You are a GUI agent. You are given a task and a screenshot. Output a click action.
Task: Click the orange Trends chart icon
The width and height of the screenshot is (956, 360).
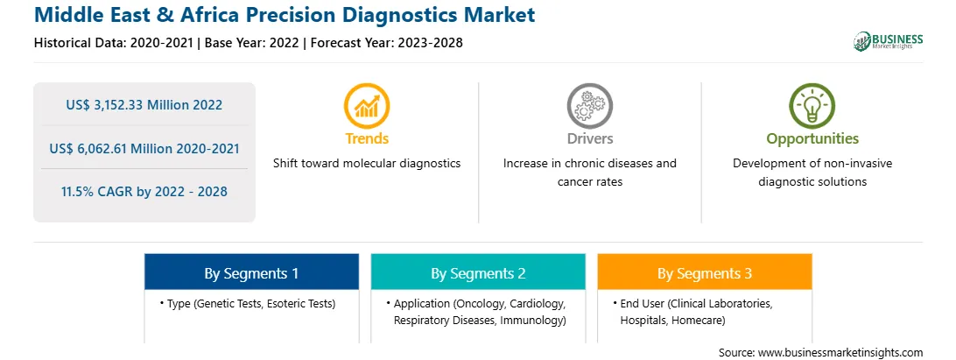[x=367, y=106]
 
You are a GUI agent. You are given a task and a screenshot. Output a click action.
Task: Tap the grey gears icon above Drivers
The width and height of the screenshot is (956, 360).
[x=589, y=106]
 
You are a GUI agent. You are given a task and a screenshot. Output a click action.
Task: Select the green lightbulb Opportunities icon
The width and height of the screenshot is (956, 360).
[x=812, y=106]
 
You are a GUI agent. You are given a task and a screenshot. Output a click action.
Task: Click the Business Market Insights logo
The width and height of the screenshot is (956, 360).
[x=888, y=41]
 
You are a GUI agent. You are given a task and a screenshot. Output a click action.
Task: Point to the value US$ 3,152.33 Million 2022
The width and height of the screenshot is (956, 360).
[x=144, y=105]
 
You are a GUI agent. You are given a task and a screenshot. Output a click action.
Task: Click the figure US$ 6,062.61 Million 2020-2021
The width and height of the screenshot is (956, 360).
[x=144, y=148]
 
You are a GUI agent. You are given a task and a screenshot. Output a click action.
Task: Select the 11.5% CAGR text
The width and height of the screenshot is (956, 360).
[x=144, y=192]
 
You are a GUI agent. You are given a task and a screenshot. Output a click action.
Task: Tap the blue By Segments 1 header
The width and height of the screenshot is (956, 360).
[x=251, y=272]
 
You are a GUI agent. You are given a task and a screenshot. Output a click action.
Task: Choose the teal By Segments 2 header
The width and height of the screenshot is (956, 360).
[x=478, y=272]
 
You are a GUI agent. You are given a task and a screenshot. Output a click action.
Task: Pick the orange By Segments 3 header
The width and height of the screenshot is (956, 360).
[x=704, y=272]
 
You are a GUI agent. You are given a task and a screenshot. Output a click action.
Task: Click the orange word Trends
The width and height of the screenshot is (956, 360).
[x=367, y=138]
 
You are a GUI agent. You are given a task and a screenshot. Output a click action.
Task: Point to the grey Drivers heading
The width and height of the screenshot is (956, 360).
[x=589, y=138]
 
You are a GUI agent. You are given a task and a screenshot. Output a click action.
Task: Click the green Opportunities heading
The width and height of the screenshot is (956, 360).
[x=812, y=139]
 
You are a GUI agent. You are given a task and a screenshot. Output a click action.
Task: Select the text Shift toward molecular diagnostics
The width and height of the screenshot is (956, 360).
[x=367, y=163]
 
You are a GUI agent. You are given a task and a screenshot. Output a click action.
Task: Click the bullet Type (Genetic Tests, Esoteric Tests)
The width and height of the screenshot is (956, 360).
[x=248, y=303]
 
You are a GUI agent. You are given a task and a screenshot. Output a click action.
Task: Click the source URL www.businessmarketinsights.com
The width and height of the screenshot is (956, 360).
[x=840, y=352]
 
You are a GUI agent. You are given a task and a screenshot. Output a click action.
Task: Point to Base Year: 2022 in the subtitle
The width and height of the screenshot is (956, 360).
[x=252, y=43]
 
